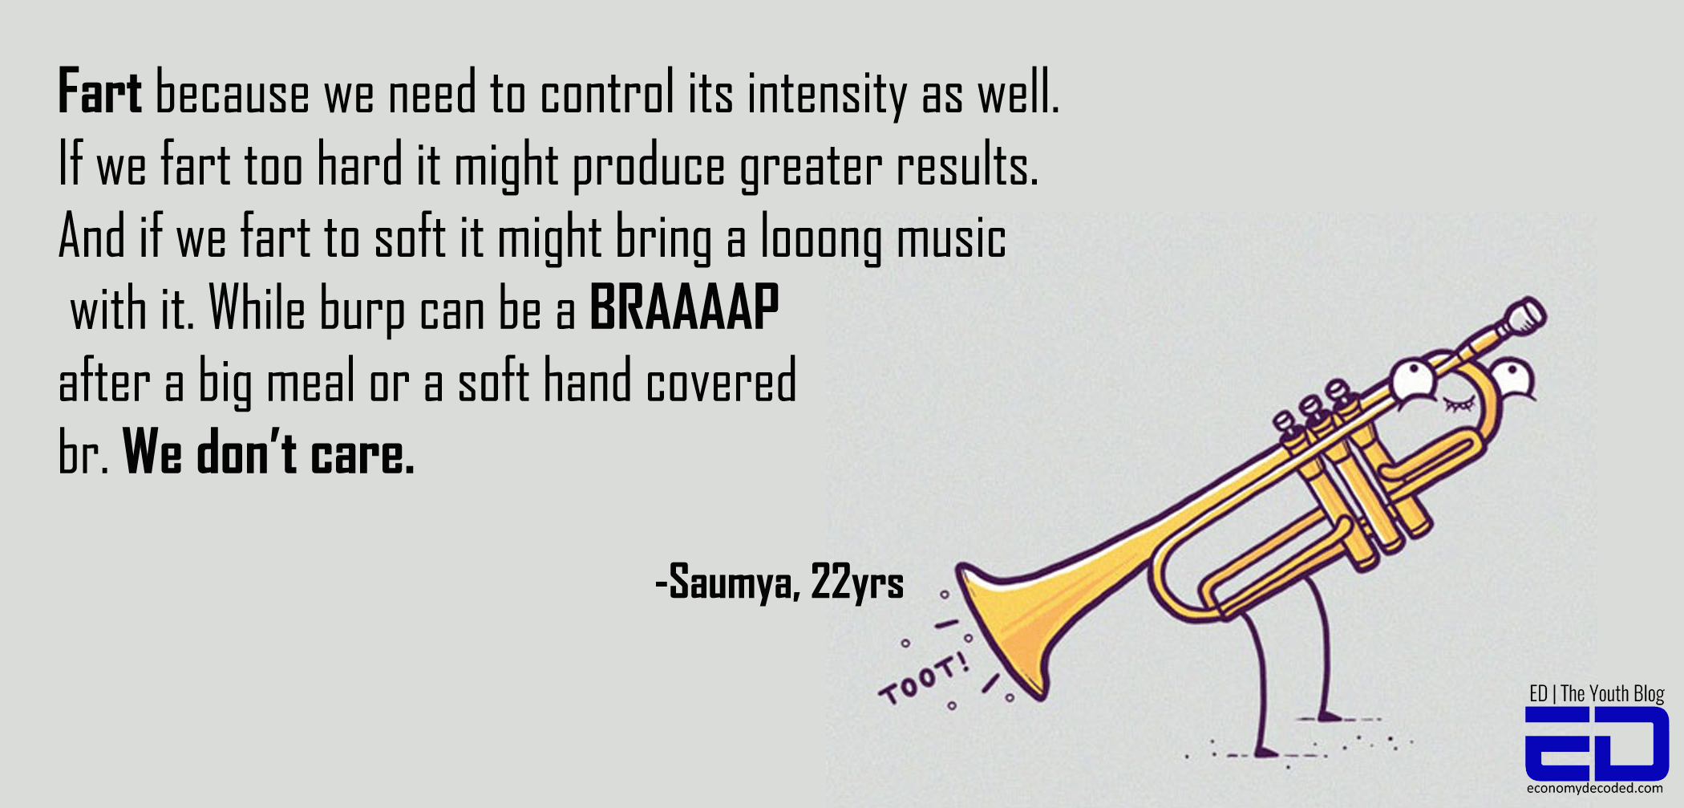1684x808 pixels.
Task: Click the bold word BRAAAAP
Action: (684, 307)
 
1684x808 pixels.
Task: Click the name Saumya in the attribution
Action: (732, 582)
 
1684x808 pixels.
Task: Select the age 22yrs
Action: (857, 582)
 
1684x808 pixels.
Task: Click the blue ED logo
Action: (1596, 744)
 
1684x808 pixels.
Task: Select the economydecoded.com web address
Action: (1595, 789)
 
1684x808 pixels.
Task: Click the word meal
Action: (311, 382)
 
